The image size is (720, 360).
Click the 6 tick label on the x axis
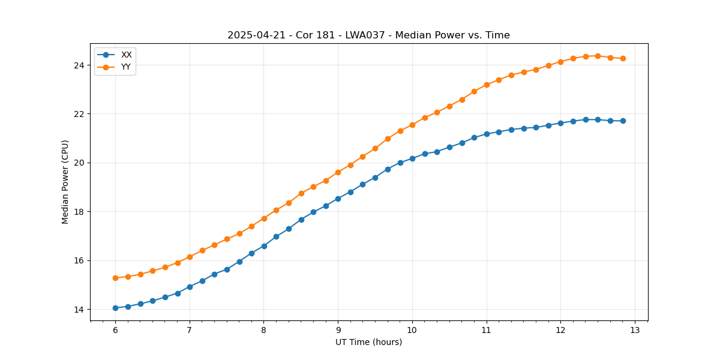click(115, 331)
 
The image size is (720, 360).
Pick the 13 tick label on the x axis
click(635, 331)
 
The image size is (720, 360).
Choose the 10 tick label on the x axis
click(412, 331)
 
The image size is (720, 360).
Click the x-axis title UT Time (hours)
click(368, 342)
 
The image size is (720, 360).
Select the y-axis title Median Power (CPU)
click(65, 182)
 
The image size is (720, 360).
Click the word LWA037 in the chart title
click(366, 35)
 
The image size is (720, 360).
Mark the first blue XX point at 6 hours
click(115, 308)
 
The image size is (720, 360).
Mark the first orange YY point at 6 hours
click(115, 278)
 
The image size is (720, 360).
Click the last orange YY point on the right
click(623, 58)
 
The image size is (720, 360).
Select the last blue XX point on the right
click(623, 121)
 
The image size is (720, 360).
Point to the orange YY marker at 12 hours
click(560, 62)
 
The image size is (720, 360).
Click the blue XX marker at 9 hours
click(338, 199)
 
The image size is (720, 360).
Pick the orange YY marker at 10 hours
click(412, 125)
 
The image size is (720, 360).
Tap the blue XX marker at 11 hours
click(487, 134)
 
